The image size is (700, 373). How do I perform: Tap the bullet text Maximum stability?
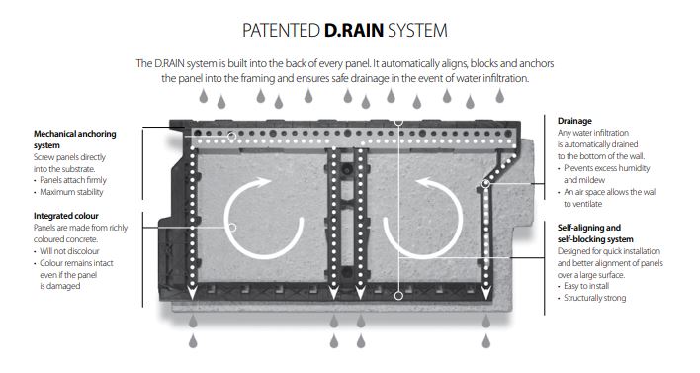pos(78,191)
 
